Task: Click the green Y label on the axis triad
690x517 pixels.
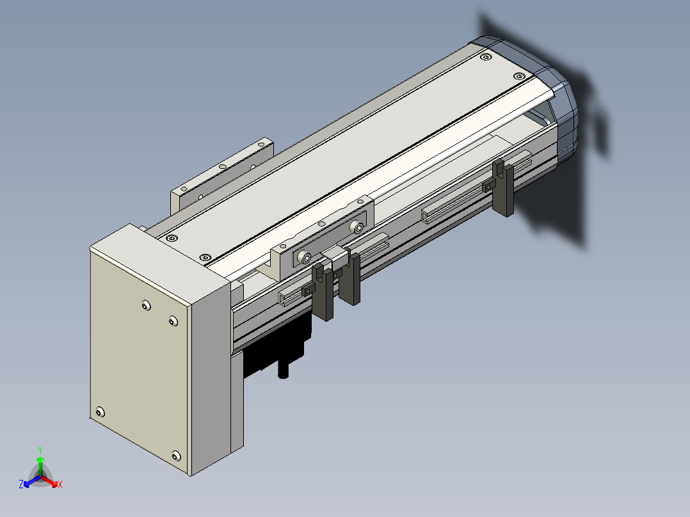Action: pos(40,450)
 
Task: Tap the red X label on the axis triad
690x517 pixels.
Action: pos(60,484)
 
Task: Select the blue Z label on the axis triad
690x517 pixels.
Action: pos(21,484)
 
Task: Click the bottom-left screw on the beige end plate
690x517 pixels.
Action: pos(100,412)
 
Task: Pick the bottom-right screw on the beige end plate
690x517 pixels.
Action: pos(176,456)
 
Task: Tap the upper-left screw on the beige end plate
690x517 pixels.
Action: pos(146,305)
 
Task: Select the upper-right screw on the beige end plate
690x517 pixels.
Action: pos(173,321)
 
